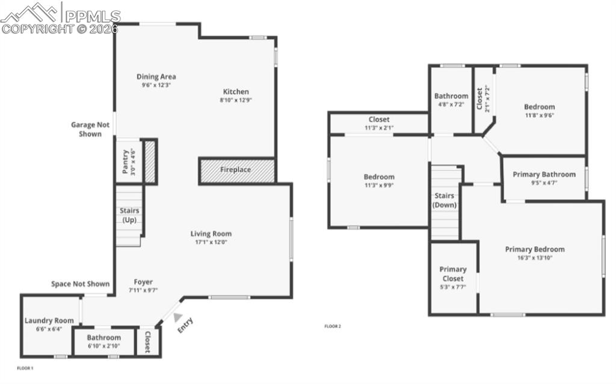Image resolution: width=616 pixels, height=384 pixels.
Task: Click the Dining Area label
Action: coord(156,77)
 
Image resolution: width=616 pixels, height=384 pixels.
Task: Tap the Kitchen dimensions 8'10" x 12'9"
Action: coord(235,101)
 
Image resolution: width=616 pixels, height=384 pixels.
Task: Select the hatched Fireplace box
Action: coord(237,170)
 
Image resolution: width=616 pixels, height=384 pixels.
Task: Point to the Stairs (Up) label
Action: coord(129,215)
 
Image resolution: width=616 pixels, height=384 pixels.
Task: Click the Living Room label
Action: coord(211,234)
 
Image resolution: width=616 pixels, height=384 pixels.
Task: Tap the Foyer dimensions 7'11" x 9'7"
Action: coord(143,290)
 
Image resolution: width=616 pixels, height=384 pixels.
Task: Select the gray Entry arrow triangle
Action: coord(177,317)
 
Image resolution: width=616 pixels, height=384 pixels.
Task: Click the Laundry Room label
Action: coord(49,321)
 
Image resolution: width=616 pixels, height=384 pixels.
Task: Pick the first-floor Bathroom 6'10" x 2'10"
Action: coord(103,341)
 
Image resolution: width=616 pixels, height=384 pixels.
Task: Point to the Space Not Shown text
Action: coord(80,284)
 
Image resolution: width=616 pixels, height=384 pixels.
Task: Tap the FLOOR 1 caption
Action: coord(25,368)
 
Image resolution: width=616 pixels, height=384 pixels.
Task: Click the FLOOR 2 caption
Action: coord(333,327)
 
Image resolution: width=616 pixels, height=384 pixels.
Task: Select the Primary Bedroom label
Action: coord(535,249)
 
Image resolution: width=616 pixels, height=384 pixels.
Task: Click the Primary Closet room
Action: coord(452,274)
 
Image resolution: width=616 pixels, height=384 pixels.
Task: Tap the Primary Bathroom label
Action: coord(544,175)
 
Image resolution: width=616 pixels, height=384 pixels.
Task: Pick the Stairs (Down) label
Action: coord(445,200)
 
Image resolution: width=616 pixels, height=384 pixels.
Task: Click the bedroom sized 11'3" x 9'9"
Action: coord(379,181)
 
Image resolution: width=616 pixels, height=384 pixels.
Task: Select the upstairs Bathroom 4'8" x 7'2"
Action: coord(451,99)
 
